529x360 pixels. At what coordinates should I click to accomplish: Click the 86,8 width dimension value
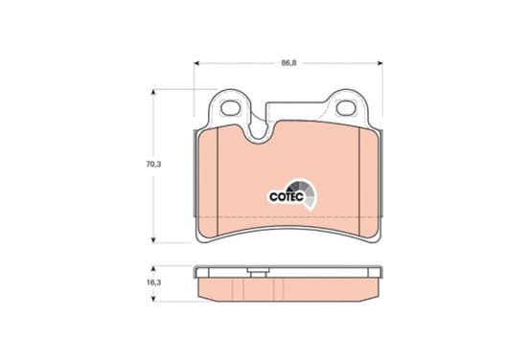[x=288, y=63]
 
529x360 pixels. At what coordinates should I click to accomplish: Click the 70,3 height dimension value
[x=153, y=164]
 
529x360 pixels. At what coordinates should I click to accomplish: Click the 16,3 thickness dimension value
[x=153, y=282]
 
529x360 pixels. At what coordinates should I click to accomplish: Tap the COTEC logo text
[x=287, y=197]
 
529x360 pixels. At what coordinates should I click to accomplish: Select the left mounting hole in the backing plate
[x=229, y=108]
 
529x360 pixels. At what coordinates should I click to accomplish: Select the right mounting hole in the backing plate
[x=346, y=108]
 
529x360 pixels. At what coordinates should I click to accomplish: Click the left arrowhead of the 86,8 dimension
[x=197, y=63]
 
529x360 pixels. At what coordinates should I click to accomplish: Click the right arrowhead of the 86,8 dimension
[x=379, y=63]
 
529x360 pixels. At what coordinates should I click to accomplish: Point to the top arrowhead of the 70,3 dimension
[x=153, y=92]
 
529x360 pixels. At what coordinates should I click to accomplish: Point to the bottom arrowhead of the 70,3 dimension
[x=153, y=239]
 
